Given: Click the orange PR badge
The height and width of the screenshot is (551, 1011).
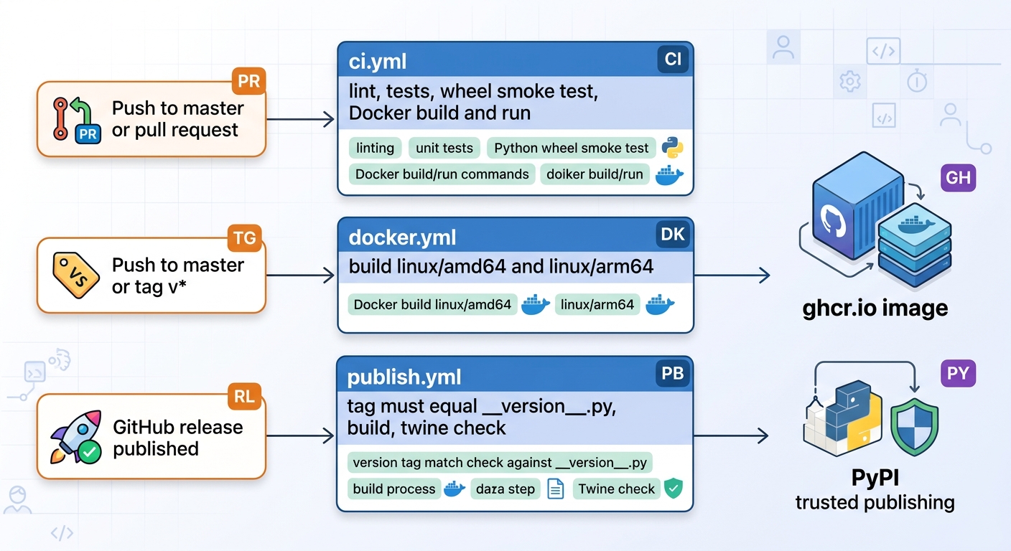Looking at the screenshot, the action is point(248,81).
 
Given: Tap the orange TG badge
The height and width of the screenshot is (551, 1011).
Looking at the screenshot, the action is point(245,237).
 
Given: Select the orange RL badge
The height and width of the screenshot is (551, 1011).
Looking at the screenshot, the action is point(245,396).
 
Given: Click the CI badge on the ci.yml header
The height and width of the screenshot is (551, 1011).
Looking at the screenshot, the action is point(673,59).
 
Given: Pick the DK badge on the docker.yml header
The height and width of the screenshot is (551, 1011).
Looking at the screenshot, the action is point(673,235).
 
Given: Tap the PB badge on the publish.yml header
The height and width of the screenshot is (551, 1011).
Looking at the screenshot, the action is point(673,373).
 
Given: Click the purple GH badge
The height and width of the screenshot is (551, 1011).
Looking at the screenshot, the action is point(958,178).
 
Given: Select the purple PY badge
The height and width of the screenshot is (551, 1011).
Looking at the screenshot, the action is point(958,373).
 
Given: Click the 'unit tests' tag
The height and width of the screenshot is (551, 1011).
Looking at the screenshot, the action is point(444,148).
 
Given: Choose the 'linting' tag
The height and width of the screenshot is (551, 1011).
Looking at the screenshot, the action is point(375,148).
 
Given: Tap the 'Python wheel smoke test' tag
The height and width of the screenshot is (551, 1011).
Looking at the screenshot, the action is point(571,148).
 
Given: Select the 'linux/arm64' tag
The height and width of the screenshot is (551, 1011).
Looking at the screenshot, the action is point(597,304).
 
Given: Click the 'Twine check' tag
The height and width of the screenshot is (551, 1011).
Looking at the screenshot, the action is point(616,489).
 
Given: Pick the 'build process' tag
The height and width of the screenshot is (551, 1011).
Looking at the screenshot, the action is point(394,489).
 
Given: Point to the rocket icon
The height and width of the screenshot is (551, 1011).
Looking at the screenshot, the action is point(76,436).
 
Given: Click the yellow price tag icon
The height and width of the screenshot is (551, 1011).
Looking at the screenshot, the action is point(75,275).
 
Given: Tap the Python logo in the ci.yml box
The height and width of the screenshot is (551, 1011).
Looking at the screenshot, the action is point(672,148).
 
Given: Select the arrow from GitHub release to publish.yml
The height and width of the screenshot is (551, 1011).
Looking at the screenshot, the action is point(300,435).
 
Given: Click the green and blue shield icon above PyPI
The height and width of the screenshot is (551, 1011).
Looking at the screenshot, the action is point(914,427).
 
